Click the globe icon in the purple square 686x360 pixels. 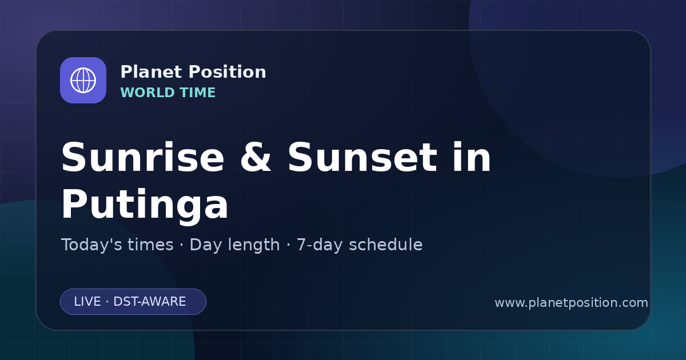coord(83,80)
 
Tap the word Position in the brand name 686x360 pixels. coord(228,72)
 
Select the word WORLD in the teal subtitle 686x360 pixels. coord(147,93)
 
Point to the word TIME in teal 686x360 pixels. coord(198,93)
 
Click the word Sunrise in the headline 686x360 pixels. coord(143,157)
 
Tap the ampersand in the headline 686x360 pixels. coord(256,157)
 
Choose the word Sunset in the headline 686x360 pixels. coord(362,157)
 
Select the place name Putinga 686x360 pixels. coord(145,204)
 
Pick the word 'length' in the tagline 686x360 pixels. coord(252,245)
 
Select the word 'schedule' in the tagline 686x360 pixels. coord(386,245)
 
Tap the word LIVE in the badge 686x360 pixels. coord(87,302)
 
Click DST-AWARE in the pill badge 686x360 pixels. coord(150,302)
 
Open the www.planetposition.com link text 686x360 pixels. coord(572,303)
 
